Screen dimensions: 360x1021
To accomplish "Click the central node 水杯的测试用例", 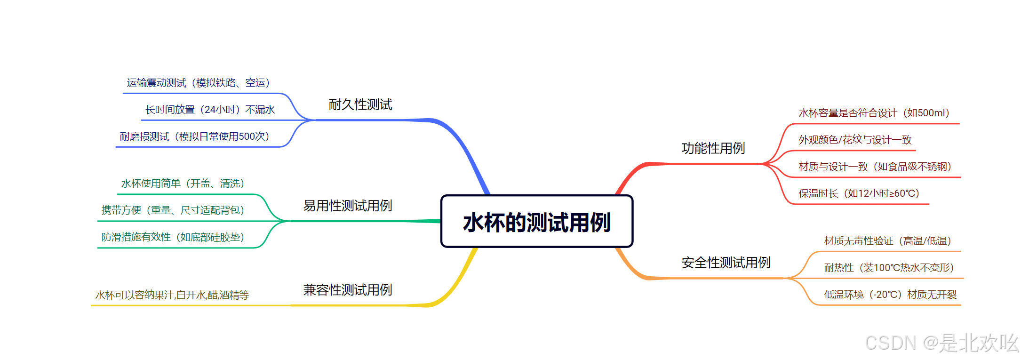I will point(537,222).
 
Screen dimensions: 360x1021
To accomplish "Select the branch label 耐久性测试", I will point(360,104).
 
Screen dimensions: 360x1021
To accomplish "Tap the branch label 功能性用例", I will point(713,148).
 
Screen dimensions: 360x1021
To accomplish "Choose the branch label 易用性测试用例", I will point(348,206).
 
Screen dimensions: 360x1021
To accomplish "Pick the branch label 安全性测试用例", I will point(726,263).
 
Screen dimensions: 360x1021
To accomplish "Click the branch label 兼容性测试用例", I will point(348,290).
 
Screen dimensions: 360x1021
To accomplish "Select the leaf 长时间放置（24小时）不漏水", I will point(210,110).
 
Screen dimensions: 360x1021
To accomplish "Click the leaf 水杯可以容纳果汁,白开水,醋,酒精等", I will point(172,295).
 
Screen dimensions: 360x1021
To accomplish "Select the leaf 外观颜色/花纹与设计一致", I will point(855,140).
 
